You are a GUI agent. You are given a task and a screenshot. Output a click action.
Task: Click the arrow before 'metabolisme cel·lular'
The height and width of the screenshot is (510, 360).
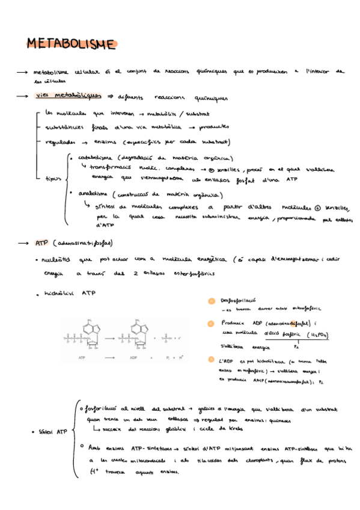(x=23, y=72)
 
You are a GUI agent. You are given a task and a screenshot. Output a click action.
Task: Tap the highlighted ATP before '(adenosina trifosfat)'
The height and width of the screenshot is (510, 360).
(x=41, y=244)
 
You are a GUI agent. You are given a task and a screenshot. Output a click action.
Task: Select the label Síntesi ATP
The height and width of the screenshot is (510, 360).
(x=53, y=432)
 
